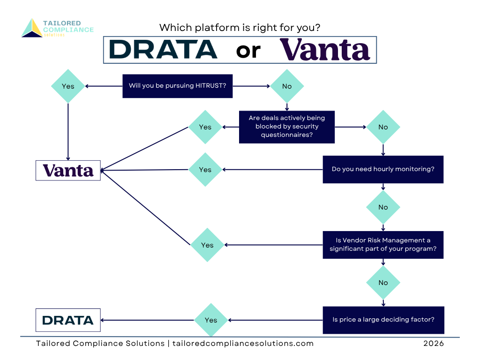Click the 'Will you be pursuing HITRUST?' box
click(177, 86)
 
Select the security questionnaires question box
click(287, 127)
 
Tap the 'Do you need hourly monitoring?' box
click(383, 169)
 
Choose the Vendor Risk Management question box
click(383, 245)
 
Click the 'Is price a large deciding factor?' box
click(383, 320)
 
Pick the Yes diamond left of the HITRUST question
click(68, 86)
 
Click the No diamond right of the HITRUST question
click(287, 86)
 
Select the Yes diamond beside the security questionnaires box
click(205, 127)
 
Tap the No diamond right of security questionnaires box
click(383, 127)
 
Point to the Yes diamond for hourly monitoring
click(205, 170)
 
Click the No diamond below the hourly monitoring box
click(383, 207)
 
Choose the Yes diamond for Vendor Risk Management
click(207, 245)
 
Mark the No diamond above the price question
click(383, 283)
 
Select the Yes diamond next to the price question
click(211, 320)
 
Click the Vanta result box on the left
click(68, 170)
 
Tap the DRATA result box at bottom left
click(68, 320)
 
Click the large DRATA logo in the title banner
click(163, 49)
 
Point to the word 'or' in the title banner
click(248, 50)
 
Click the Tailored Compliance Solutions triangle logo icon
click(31, 28)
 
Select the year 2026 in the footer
click(433, 344)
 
